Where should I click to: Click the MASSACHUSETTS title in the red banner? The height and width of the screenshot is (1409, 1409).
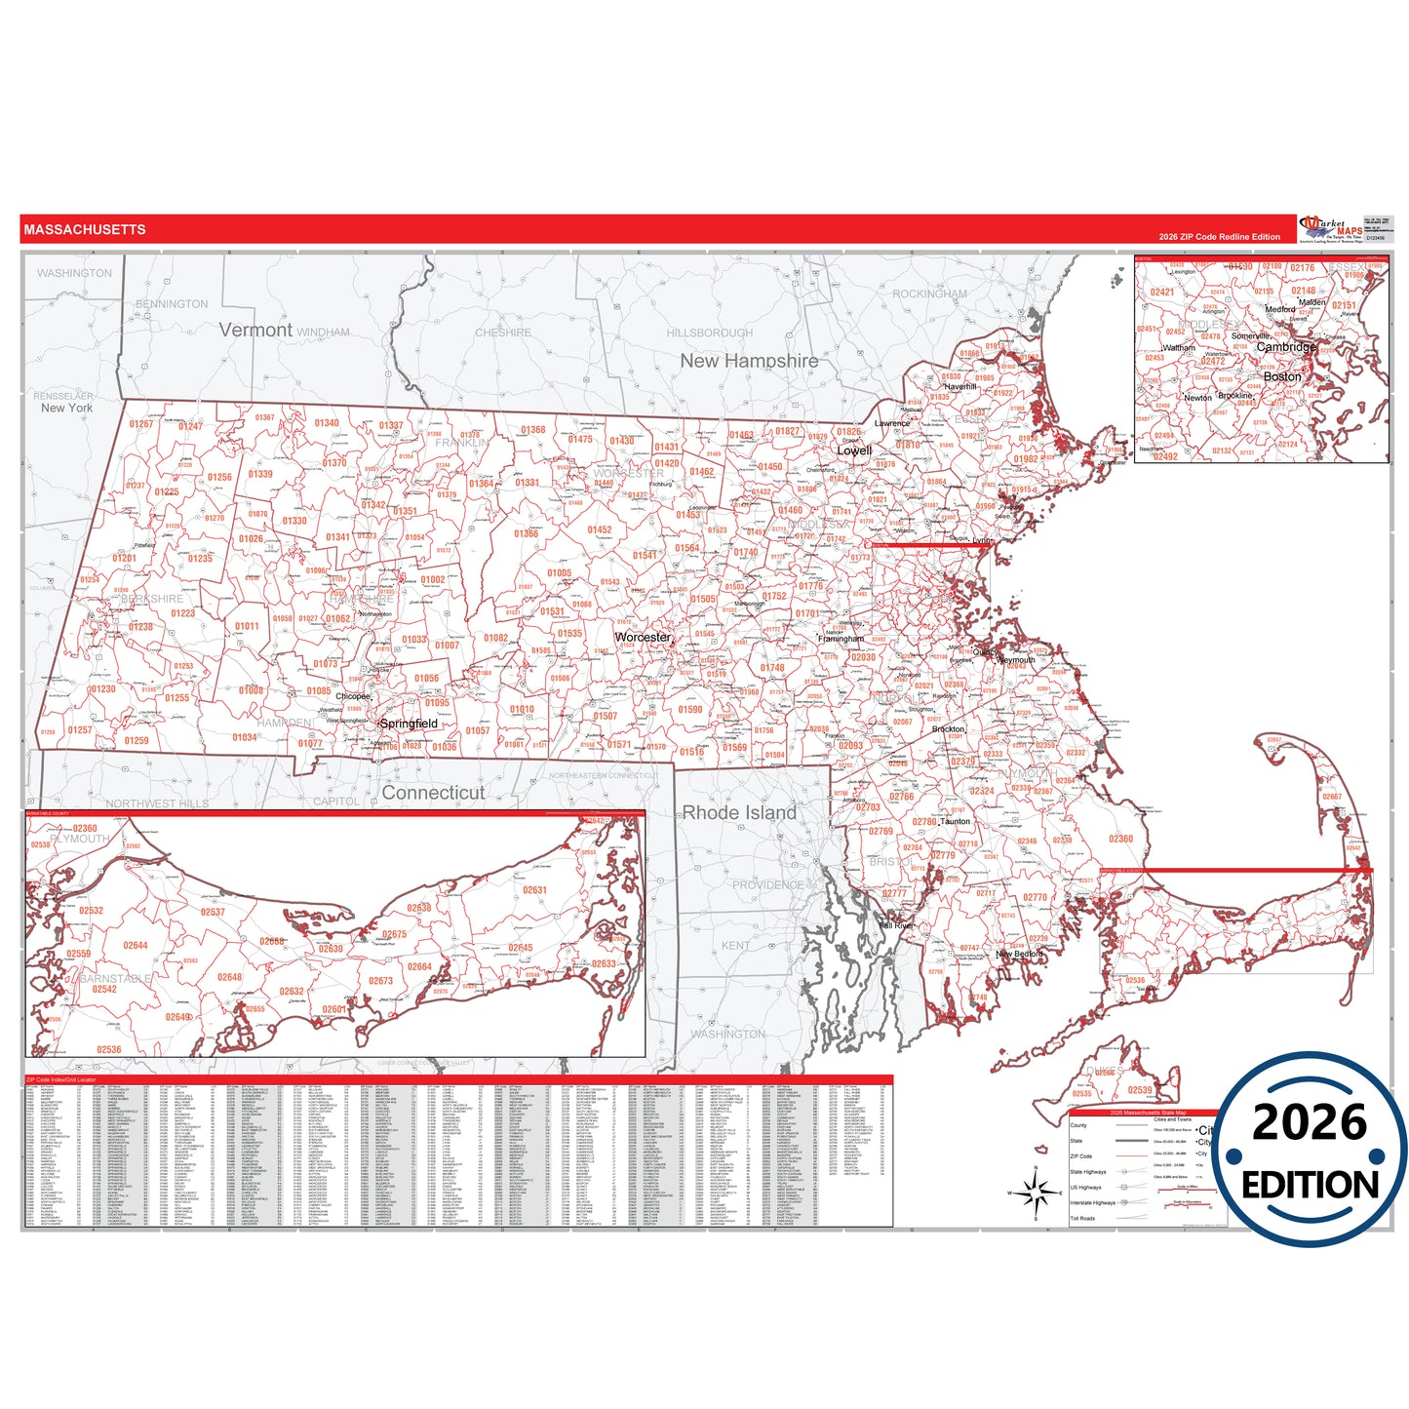[x=85, y=230]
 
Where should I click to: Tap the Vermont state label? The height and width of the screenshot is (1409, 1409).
[x=255, y=331]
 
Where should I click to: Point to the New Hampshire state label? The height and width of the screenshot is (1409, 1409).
[x=749, y=361]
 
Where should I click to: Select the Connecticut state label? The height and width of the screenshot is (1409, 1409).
[x=433, y=793]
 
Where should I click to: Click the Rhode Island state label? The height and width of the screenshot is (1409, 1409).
[x=739, y=812]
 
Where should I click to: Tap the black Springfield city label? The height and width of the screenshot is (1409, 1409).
[x=409, y=724]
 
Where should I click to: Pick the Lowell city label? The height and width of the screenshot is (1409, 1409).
[x=854, y=450]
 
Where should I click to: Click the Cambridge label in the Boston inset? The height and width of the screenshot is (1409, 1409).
[x=1286, y=347]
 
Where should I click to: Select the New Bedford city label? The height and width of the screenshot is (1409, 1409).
[x=1019, y=954]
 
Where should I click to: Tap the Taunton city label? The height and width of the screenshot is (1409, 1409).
[x=956, y=822]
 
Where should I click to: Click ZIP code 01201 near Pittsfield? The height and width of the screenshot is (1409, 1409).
[x=124, y=559]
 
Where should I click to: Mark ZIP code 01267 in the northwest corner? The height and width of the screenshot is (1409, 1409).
[x=140, y=424]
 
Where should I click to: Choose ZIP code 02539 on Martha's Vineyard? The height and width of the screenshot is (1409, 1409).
[x=1140, y=1090]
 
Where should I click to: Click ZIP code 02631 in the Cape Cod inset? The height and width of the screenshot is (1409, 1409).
[x=534, y=890]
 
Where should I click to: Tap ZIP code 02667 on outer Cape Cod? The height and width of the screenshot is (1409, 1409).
[x=1332, y=797]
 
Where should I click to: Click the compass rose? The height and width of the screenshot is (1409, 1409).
[x=1036, y=1192]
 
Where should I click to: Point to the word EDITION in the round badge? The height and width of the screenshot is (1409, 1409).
[x=1310, y=1185]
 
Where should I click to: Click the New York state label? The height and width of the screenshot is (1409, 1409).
[x=66, y=409]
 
